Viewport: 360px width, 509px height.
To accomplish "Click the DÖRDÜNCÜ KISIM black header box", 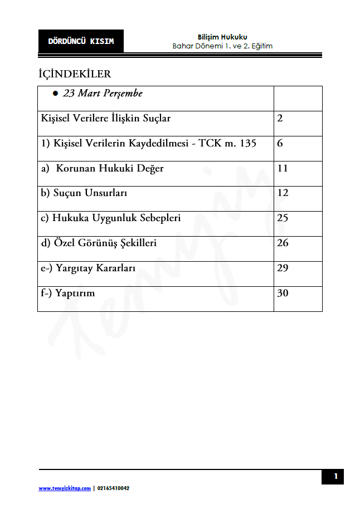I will click(x=81, y=41).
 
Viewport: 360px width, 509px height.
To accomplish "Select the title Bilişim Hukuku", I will click(x=222, y=37).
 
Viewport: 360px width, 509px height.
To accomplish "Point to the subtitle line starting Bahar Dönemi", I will click(x=222, y=46).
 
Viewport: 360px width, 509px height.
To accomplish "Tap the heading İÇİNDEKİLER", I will click(x=75, y=74).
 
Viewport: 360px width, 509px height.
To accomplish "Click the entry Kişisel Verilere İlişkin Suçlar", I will click(x=106, y=118).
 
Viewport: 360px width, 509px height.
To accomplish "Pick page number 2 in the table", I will click(x=280, y=118).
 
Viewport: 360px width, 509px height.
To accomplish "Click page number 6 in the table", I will click(x=280, y=143).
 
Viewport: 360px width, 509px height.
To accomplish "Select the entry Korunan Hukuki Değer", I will click(x=110, y=168).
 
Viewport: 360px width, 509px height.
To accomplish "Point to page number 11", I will click(x=283, y=168).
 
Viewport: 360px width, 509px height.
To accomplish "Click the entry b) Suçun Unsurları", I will click(x=84, y=193).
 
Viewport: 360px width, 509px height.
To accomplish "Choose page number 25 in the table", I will click(x=283, y=218).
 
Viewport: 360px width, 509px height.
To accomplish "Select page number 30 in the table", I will click(x=283, y=293).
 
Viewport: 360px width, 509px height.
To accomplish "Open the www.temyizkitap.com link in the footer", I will click(x=65, y=488).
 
